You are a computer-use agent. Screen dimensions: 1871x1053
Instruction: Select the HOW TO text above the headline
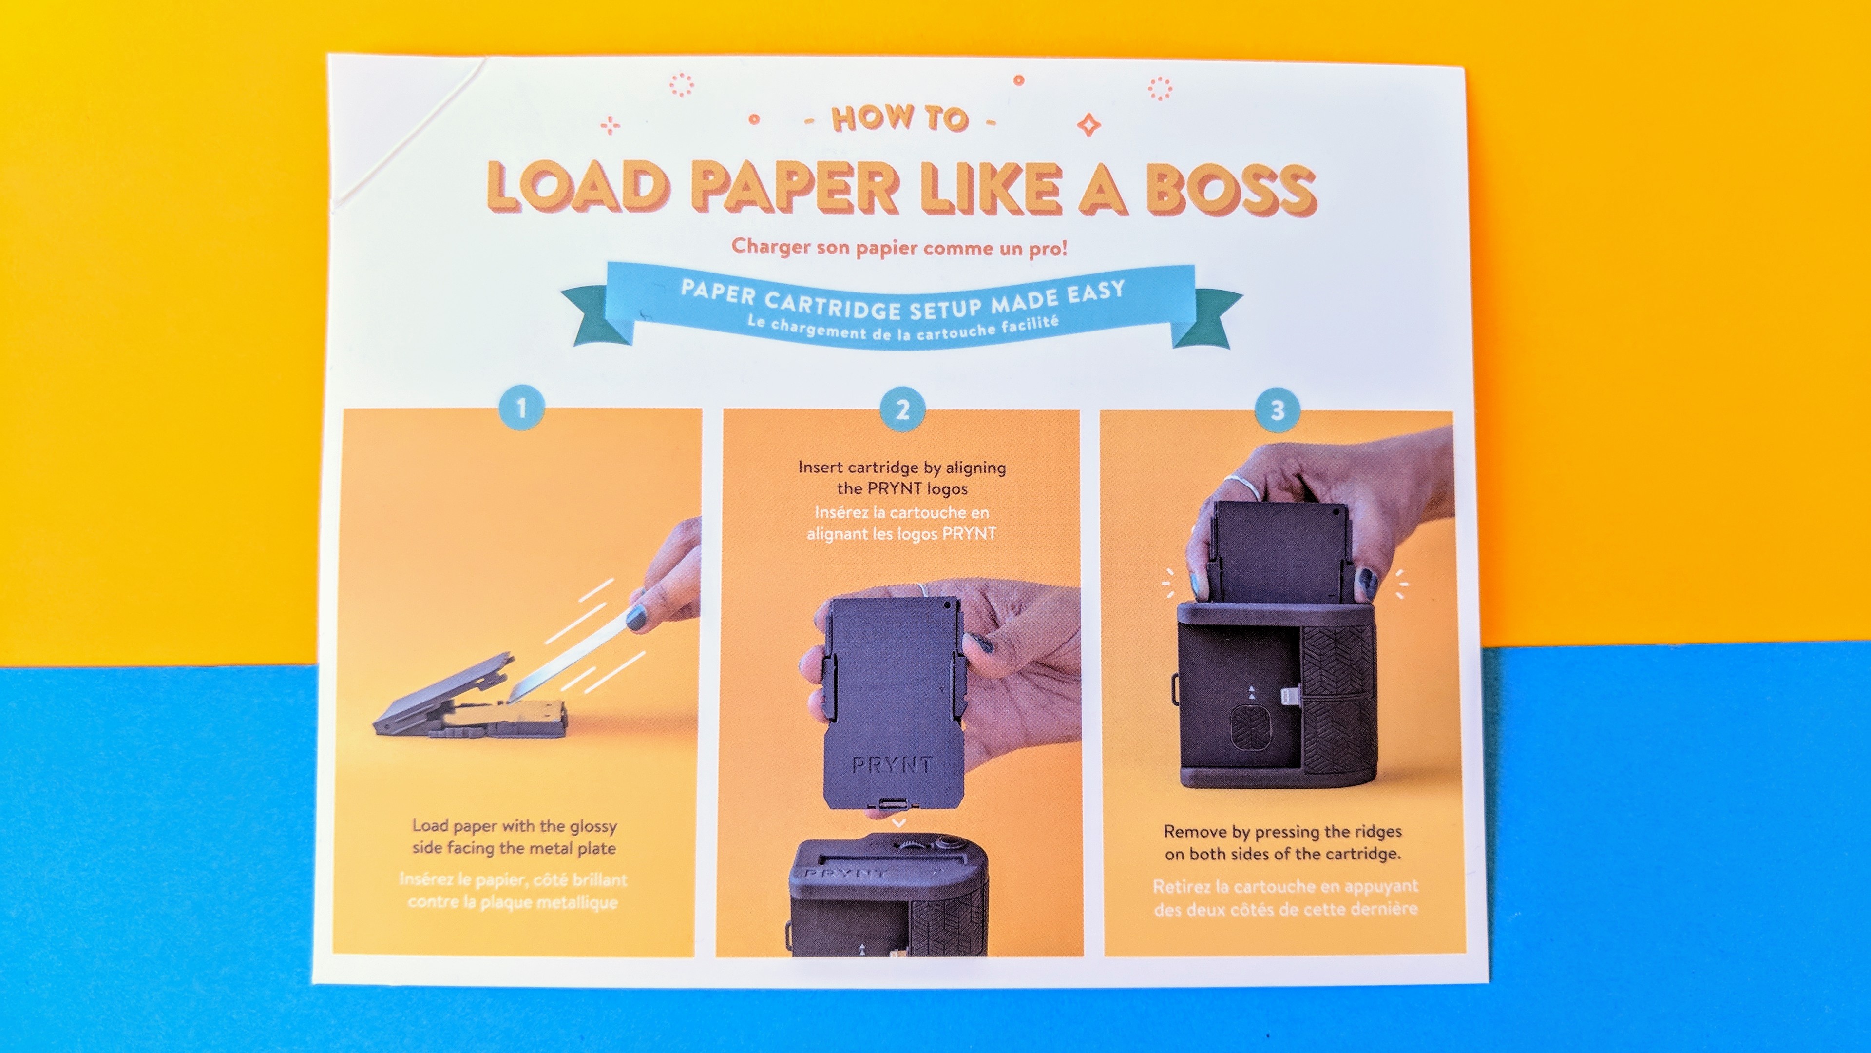(900, 118)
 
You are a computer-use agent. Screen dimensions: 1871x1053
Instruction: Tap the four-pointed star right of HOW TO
(1088, 124)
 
